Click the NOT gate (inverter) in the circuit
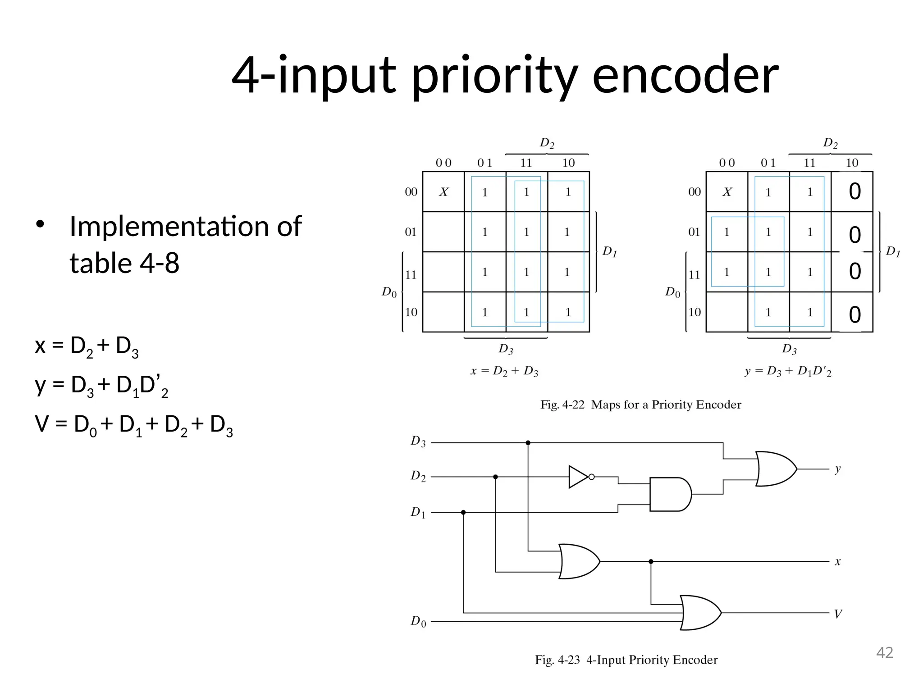point(579,477)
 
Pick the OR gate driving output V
point(700,613)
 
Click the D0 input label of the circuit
point(418,622)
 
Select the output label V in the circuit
point(838,614)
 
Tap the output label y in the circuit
point(837,469)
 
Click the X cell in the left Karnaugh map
point(443,192)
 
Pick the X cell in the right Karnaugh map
point(727,192)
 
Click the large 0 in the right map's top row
point(854,191)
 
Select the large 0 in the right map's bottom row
point(854,314)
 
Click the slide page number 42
point(884,653)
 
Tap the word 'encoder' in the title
point(685,75)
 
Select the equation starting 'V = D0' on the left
point(134,425)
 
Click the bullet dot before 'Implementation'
point(40,224)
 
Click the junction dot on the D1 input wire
point(463,512)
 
